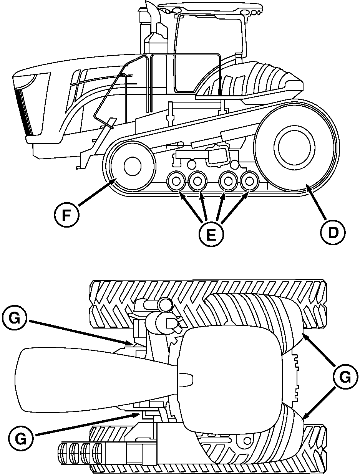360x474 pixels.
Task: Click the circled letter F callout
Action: [66, 215]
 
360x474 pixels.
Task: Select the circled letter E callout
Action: [211, 234]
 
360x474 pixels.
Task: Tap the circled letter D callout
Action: [333, 232]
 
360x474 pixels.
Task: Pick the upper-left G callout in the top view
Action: [14, 320]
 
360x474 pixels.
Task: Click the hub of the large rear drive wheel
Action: [294, 147]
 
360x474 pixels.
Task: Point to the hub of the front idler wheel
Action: [133, 166]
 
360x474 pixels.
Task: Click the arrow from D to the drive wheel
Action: [317, 203]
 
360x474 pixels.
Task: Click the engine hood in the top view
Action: [95, 380]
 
